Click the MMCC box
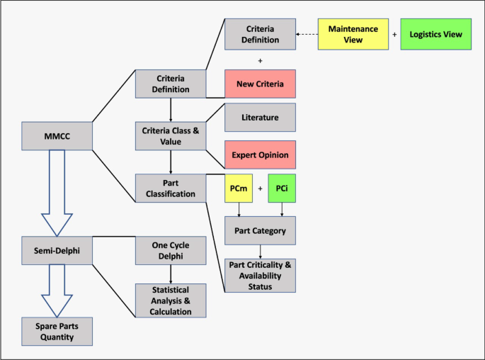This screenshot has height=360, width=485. click(57, 135)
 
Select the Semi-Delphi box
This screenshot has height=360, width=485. click(57, 250)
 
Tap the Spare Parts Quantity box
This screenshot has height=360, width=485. click(57, 330)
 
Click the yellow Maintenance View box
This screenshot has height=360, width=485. click(353, 35)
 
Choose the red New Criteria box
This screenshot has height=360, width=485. click(260, 84)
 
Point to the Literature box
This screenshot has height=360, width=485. click(260, 117)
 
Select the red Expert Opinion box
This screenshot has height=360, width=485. click(260, 154)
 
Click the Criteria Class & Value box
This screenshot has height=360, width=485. click(171, 135)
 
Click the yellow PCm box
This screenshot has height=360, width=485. click(238, 189)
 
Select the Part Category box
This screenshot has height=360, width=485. click(260, 230)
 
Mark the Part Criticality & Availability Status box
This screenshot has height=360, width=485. click(260, 276)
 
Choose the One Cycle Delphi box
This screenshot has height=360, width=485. click(171, 250)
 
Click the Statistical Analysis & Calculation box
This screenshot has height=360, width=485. click(171, 300)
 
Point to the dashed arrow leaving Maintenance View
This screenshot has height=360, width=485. click(307, 35)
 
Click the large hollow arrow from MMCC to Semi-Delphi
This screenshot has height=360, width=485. click(57, 191)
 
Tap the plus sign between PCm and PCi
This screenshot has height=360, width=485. click(260, 189)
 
